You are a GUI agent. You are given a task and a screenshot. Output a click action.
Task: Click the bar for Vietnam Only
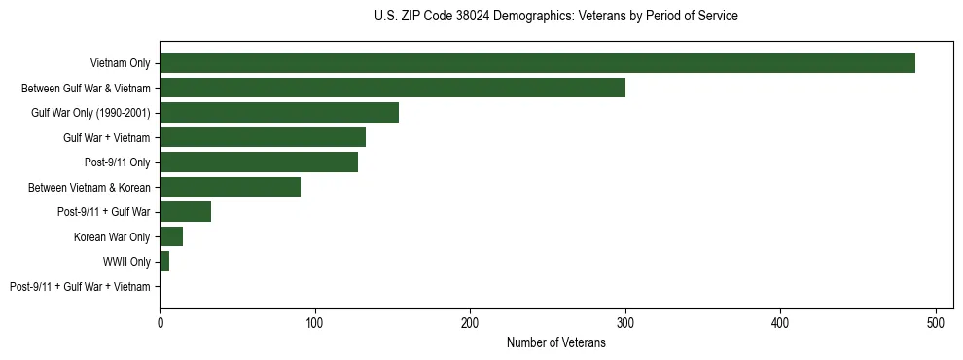pos(537,63)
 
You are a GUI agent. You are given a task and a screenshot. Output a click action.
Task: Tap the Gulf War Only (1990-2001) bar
pos(279,113)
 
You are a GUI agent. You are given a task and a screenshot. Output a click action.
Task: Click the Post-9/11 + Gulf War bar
pos(186,212)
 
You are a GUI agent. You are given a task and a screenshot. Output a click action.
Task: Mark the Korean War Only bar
pos(171,236)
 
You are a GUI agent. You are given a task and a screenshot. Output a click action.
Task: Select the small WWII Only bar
pos(164,262)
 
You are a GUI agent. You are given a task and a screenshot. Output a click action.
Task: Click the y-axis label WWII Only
pos(126,262)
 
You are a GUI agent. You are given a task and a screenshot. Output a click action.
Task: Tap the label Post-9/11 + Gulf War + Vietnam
pos(80,287)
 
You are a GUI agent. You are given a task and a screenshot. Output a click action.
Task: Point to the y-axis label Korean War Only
pos(112,237)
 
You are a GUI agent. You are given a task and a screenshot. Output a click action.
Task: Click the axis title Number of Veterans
pos(556,342)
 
